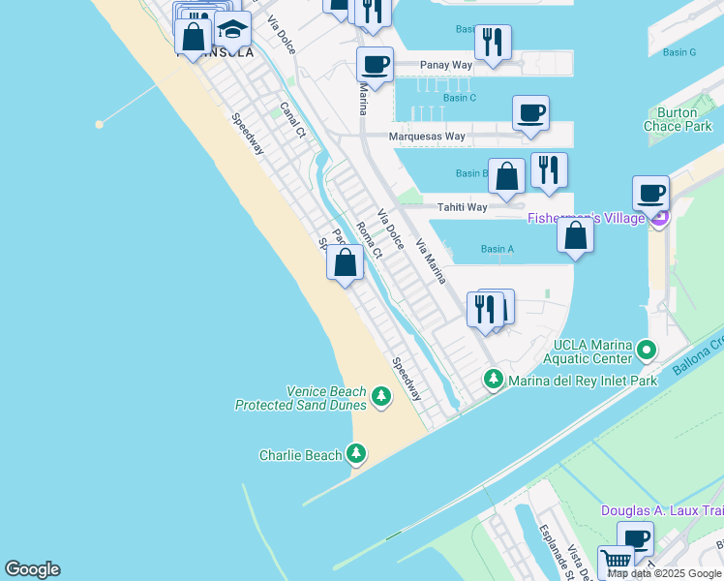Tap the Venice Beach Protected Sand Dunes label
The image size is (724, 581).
coord(301,398)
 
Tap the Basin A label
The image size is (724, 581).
coord(498,249)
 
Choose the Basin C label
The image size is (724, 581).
coord(460,98)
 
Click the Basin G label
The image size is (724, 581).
coord(679,52)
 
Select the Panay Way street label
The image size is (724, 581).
coord(445,65)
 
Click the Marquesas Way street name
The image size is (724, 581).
coord(427,137)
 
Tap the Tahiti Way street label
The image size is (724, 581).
coord(462,207)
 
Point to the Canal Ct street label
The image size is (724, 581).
coord(292,120)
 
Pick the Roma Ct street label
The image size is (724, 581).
coord(370,240)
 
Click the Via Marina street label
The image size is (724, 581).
coord(431,260)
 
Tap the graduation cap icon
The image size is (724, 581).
coord(232,29)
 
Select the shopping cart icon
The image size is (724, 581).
coord(616,560)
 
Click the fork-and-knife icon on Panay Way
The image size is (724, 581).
coord(493,42)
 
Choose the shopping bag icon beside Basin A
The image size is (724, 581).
coord(576,235)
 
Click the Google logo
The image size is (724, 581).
coord(32,569)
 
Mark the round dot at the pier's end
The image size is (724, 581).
coord(99,124)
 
